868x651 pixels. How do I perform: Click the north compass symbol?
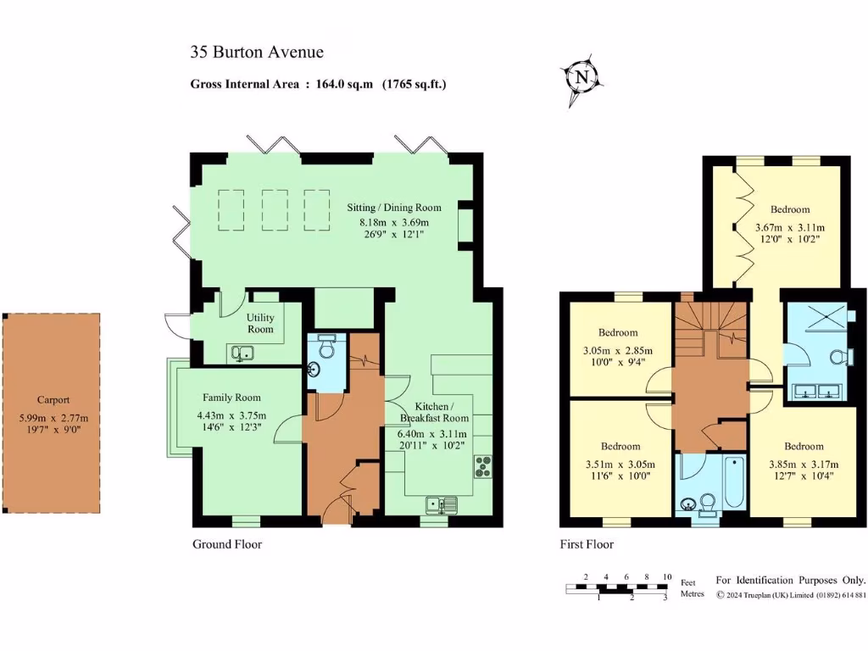581,78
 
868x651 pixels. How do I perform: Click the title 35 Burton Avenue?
256,53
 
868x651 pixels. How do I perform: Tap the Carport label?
53,400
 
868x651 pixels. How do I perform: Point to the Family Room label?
231,398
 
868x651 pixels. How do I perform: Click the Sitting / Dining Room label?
394,208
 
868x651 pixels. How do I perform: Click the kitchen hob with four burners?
483,466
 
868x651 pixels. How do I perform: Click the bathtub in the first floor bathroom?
734,480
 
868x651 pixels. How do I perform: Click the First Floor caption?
587,544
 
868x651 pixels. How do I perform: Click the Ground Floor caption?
227,544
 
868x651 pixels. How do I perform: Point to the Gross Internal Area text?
318,84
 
